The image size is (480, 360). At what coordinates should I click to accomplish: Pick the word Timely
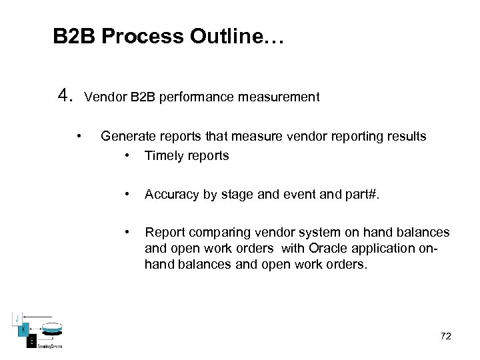(x=163, y=156)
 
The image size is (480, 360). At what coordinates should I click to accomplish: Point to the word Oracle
(x=319, y=249)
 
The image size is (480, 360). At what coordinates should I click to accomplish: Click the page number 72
(x=445, y=336)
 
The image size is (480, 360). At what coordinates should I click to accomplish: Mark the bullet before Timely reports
(x=126, y=156)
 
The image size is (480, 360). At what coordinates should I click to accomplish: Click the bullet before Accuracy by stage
(x=126, y=195)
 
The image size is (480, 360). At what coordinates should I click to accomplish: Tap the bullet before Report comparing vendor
(x=126, y=233)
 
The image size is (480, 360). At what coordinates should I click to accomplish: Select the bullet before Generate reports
(x=79, y=137)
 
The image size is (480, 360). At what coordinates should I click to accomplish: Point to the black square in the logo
(x=31, y=341)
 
